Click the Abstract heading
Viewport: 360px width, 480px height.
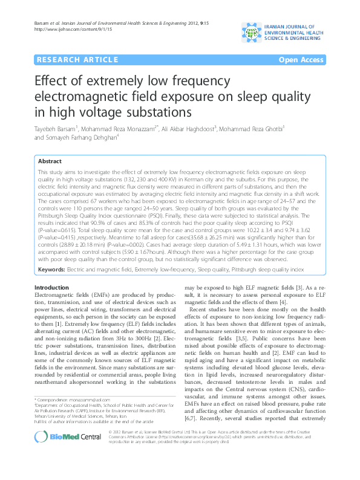(49, 161)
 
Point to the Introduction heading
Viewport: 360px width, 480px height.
(51, 287)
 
